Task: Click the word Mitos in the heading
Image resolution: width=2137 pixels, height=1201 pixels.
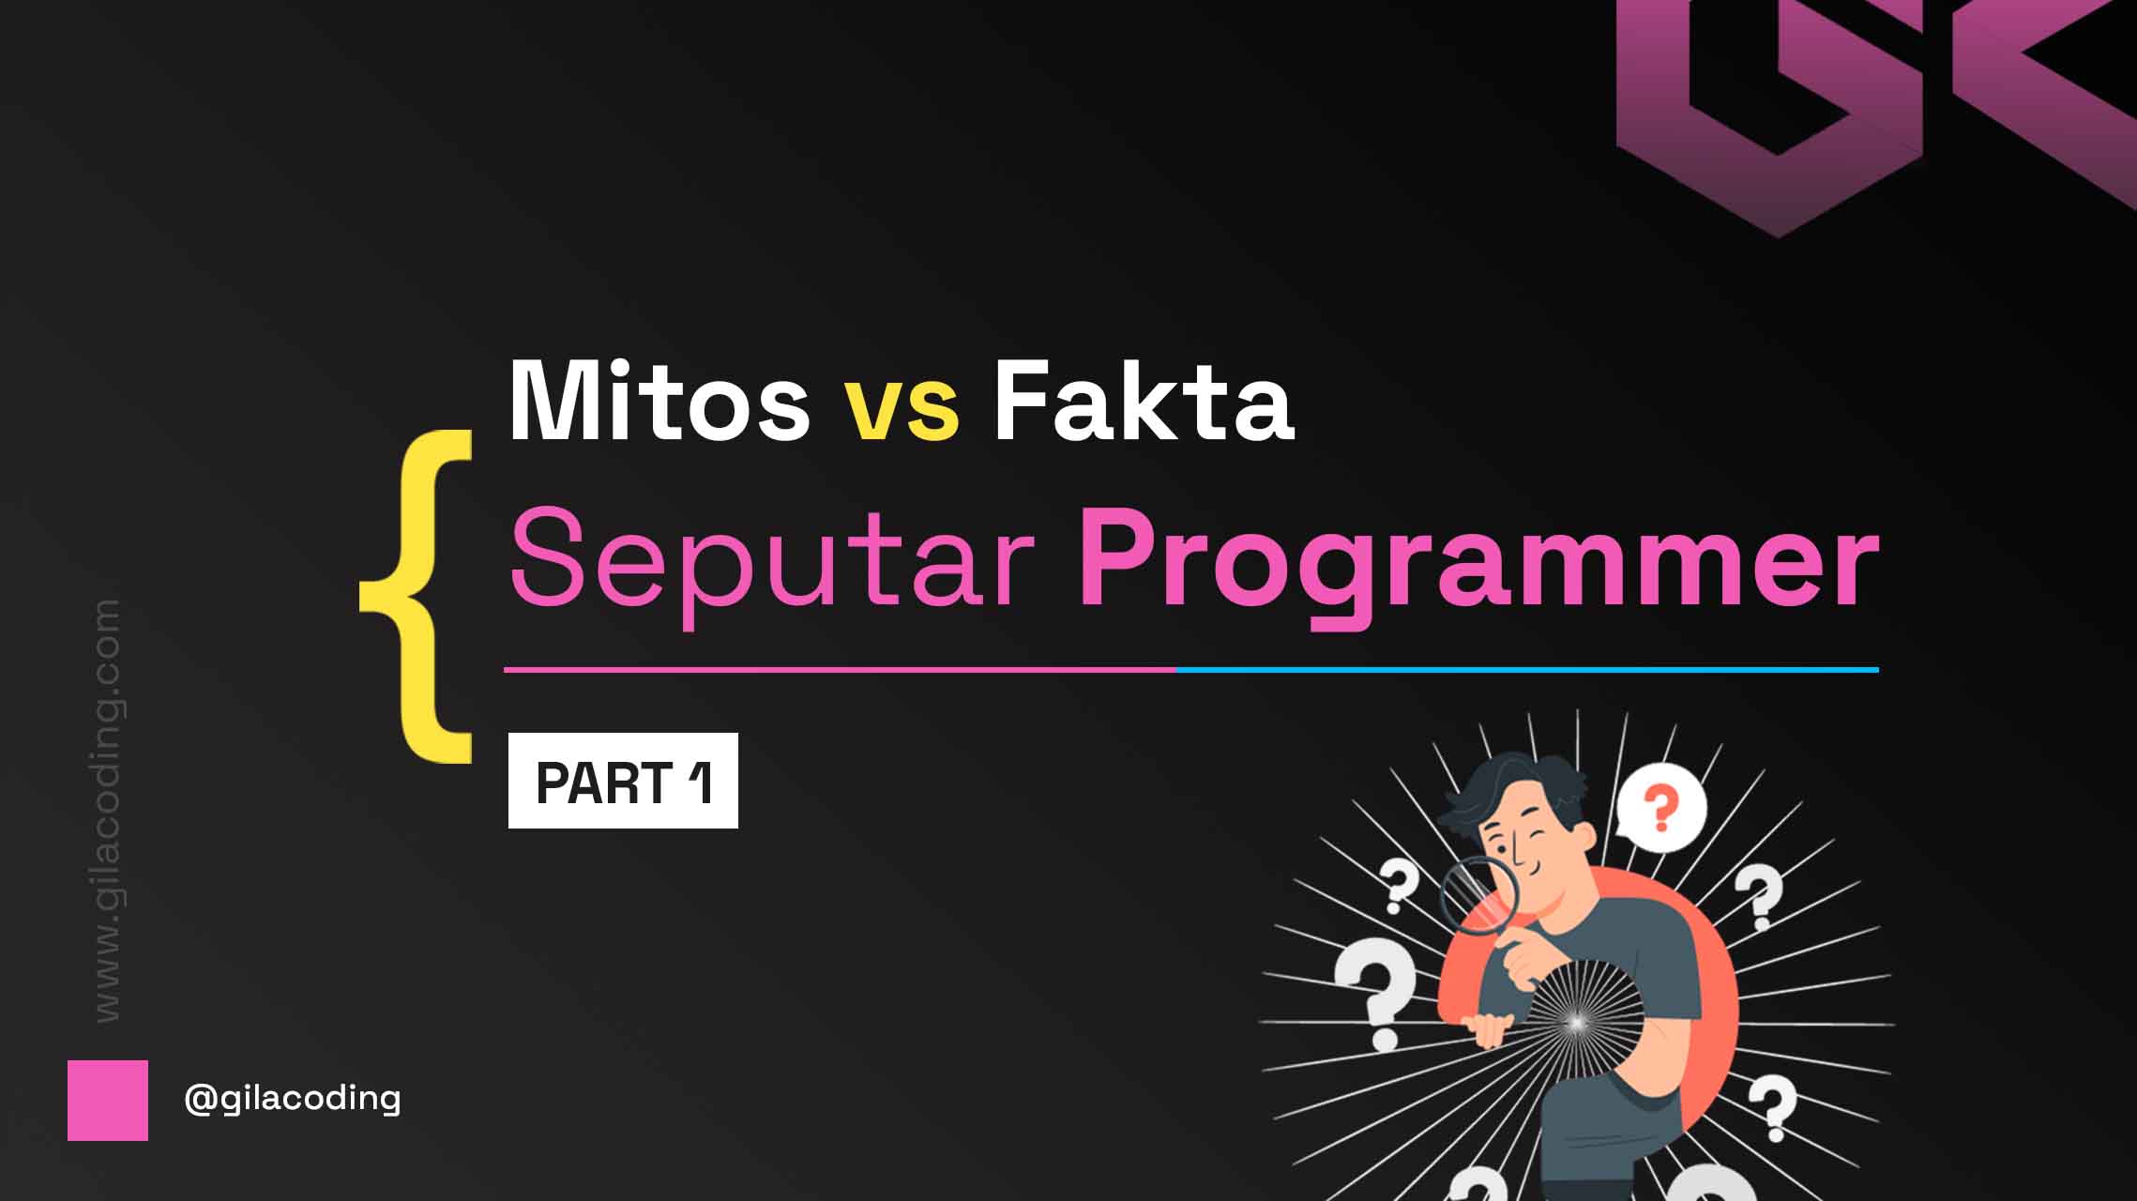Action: point(659,401)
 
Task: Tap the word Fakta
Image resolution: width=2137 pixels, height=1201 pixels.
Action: point(1144,401)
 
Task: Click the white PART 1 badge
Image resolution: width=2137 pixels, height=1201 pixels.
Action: point(623,781)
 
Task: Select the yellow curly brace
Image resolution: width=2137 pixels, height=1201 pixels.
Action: point(416,596)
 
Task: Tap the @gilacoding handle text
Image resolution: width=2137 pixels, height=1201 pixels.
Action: point(293,1099)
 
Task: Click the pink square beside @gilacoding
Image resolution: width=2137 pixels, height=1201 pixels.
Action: point(108,1101)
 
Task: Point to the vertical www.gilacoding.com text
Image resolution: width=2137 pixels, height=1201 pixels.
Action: point(108,811)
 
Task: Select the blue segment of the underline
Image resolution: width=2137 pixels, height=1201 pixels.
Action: point(1528,670)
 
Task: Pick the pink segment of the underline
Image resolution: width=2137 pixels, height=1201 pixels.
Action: point(841,670)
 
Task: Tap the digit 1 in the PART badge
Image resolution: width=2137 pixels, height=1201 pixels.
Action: point(700,782)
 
